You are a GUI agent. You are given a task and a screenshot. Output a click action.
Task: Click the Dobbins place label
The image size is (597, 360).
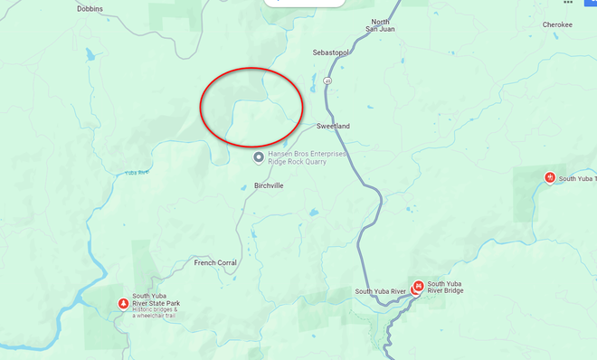[x=90, y=8]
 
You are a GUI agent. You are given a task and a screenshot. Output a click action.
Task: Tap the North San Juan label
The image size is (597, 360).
[x=380, y=26]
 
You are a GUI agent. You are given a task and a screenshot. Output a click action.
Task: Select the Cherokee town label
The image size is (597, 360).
[x=556, y=24]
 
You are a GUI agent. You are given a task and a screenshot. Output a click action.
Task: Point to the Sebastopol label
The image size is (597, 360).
[x=331, y=52]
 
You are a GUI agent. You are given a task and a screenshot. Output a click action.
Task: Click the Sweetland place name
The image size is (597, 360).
[x=332, y=126]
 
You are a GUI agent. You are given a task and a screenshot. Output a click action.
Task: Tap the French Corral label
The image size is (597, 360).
[x=215, y=262]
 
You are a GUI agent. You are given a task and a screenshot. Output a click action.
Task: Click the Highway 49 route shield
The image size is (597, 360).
[x=327, y=81]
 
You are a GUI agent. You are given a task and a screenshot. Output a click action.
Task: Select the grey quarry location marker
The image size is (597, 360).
[x=259, y=157]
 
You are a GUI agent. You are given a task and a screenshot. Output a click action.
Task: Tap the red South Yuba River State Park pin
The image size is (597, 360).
[x=124, y=303]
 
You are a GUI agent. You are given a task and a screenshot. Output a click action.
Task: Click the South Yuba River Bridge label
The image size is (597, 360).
[x=446, y=288]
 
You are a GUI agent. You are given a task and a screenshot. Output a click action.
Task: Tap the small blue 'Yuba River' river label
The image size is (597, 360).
[x=136, y=170]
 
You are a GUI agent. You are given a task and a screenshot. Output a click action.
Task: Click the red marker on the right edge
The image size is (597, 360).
[x=549, y=177]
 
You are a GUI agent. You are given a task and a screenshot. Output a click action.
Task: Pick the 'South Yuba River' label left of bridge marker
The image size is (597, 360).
[x=380, y=291]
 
